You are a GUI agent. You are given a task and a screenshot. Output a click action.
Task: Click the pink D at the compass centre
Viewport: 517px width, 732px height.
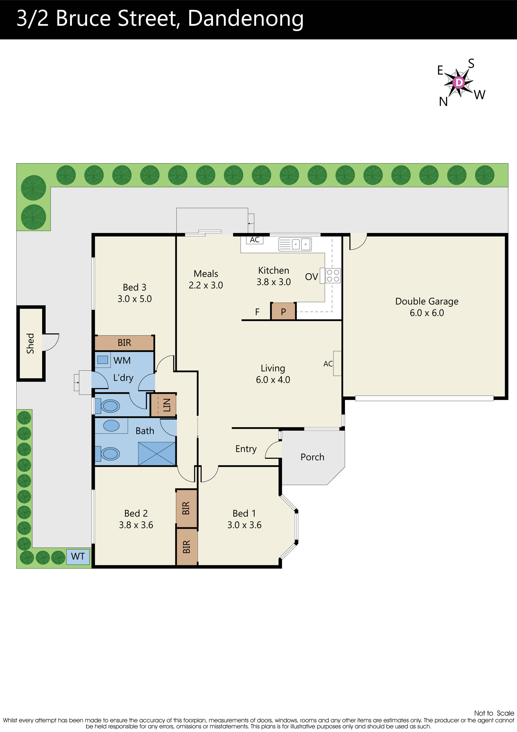(x=459, y=83)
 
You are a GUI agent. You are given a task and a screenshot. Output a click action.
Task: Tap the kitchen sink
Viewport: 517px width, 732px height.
(x=295, y=245)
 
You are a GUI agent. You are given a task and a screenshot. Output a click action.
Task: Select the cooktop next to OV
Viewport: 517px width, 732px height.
(x=333, y=275)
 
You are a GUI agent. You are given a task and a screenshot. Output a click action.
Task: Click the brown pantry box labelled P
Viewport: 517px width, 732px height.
(x=283, y=311)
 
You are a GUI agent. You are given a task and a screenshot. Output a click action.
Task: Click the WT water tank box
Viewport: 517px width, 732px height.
(x=78, y=556)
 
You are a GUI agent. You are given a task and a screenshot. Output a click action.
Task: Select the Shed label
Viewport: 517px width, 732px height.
(x=30, y=343)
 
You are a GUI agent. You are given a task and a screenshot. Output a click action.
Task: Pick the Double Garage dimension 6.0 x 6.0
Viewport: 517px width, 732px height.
(x=426, y=313)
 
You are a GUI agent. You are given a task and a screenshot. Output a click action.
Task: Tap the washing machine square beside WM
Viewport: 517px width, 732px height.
(x=103, y=360)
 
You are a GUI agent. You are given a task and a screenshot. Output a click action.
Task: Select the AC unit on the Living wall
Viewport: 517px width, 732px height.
(x=337, y=363)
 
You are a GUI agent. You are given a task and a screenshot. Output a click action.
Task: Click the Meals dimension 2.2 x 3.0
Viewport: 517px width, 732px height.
(x=205, y=285)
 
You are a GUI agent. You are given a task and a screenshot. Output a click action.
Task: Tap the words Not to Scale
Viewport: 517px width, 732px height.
(x=494, y=713)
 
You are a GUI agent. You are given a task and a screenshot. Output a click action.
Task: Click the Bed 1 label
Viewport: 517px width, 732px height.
(x=244, y=513)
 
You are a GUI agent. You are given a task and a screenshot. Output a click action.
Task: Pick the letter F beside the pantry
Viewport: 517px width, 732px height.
(x=257, y=312)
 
